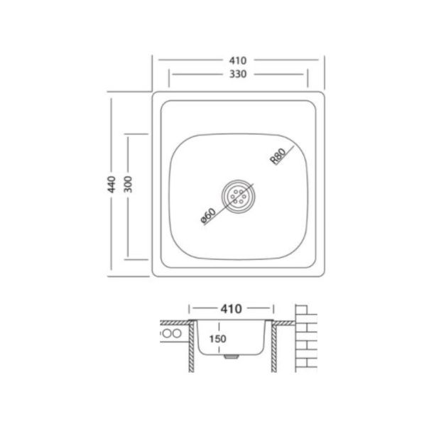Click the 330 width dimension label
[x=238, y=74]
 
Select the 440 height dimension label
[x=112, y=185]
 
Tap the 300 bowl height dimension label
[x=128, y=185]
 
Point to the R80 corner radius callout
[x=278, y=156]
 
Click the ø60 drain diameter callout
[x=209, y=216]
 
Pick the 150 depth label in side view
[x=218, y=339]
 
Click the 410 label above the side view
[x=231, y=309]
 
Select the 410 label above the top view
[x=238, y=60]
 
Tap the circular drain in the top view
[x=239, y=197]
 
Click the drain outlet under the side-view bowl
[x=232, y=357]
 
